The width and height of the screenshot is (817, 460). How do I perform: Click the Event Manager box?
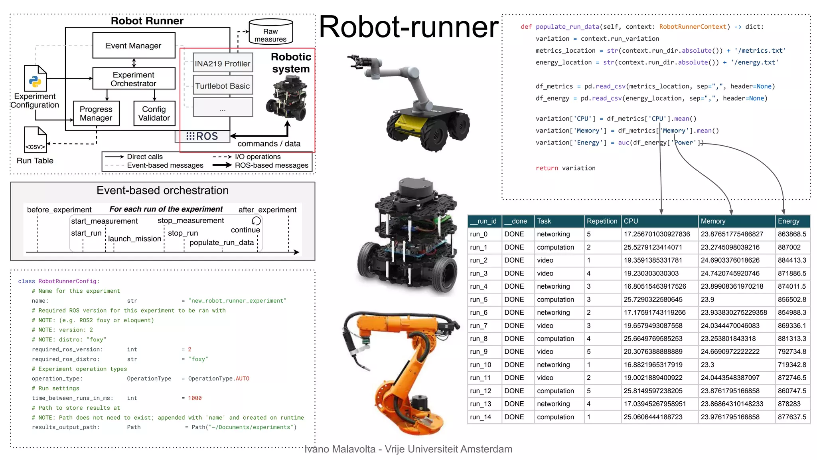coord(134,46)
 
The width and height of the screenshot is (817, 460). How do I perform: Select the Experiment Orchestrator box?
coord(134,79)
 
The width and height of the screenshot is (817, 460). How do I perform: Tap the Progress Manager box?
coord(96,113)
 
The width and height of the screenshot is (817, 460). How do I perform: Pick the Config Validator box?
coord(154,113)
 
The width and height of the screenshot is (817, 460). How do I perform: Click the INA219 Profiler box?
coord(223,63)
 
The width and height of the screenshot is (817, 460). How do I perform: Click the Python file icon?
coord(36,78)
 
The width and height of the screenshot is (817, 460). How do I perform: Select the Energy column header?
coord(788,221)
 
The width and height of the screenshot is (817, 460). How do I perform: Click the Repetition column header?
coord(602,221)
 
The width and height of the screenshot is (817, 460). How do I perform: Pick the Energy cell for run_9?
coord(791,351)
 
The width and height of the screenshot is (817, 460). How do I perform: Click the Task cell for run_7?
coord(545,325)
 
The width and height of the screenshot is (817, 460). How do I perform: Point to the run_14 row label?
coord(480,417)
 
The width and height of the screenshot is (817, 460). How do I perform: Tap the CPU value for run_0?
coord(657,234)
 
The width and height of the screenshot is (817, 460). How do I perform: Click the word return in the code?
coord(547,168)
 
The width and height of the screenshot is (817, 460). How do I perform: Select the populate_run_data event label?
coord(221,242)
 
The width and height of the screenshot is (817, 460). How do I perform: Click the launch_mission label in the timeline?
coord(134,239)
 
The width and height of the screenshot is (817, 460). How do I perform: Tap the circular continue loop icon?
coord(256,221)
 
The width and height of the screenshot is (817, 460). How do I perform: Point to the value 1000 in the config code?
coord(195,398)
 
